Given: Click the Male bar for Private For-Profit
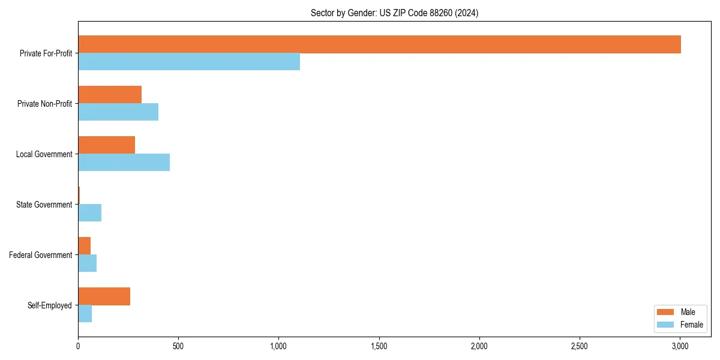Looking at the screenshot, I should pyautogui.click(x=379, y=44).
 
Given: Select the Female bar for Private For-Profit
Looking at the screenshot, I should pyautogui.click(x=189, y=62).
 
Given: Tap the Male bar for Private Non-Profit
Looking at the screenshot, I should pyautogui.click(x=110, y=95).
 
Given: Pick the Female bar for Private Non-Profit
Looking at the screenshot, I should pyautogui.click(x=118, y=112).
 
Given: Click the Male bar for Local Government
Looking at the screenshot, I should pyautogui.click(x=106, y=145).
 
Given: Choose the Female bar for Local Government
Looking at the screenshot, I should pyautogui.click(x=124, y=163).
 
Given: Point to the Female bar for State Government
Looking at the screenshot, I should pyautogui.click(x=89, y=213).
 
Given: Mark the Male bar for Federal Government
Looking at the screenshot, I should pyautogui.click(x=84, y=246).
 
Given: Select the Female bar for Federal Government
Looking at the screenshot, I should pyautogui.click(x=87, y=263).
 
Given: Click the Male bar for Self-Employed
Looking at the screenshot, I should pyautogui.click(x=104, y=296).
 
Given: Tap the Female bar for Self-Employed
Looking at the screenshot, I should pyautogui.click(x=85, y=314).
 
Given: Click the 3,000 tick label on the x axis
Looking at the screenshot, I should pyautogui.click(x=679, y=346).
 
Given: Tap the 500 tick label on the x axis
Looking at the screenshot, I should pyautogui.click(x=178, y=346).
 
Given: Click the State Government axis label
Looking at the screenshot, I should pyautogui.click(x=44, y=205).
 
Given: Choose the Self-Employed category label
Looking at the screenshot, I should pyautogui.click(x=50, y=305).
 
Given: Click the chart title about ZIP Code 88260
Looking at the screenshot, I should pyautogui.click(x=394, y=13).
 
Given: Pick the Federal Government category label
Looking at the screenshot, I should pyautogui.click(x=41, y=255).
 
